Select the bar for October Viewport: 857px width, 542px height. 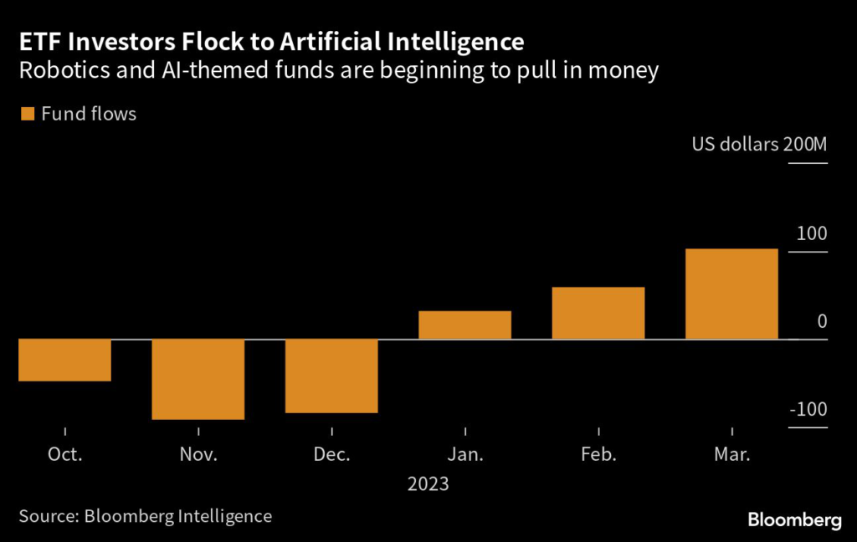pos(64,360)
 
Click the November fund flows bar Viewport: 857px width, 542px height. pos(198,379)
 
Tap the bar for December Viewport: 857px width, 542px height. pos(331,376)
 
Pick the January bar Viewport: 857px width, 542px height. pos(464,325)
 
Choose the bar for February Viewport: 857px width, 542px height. pos(598,313)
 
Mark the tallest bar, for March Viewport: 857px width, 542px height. pos(731,294)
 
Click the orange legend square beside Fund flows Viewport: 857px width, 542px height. pos(27,114)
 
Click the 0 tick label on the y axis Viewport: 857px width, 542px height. pos(822,321)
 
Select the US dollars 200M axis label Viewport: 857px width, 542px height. pos(759,145)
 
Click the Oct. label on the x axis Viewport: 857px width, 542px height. pos(64,455)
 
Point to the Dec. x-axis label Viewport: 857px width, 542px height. pos(331,455)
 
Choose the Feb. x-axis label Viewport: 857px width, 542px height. pos(598,455)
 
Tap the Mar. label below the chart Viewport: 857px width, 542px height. pos(731,455)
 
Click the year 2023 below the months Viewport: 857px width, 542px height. pos(428,484)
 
